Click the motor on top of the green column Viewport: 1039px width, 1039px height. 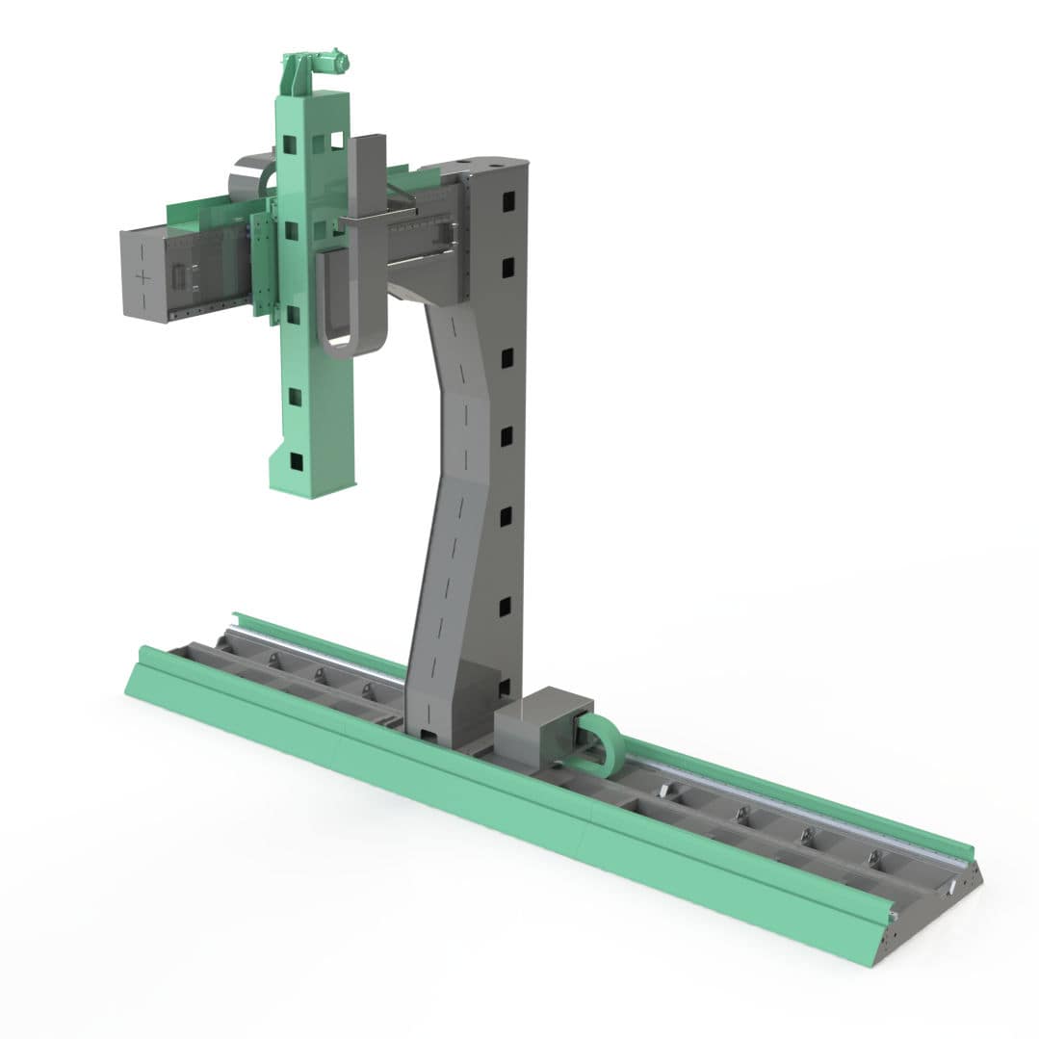click(327, 65)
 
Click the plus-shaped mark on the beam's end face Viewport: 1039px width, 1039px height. click(143, 277)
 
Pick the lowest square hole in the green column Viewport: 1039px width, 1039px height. click(297, 462)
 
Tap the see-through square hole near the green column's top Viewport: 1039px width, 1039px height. click(336, 140)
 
